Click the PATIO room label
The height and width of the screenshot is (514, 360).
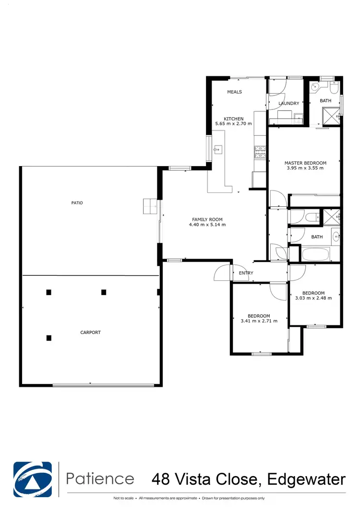(x=77, y=203)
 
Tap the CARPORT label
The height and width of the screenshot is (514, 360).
(x=90, y=332)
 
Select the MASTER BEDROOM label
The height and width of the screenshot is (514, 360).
(x=305, y=163)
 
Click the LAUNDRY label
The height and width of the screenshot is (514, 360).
(x=289, y=103)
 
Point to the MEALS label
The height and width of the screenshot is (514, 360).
(x=234, y=92)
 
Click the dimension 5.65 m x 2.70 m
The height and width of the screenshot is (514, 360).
(x=234, y=124)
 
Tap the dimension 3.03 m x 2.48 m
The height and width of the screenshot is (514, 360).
(x=313, y=298)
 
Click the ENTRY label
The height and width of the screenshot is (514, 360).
(x=246, y=273)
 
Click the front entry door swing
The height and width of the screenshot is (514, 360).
(x=223, y=273)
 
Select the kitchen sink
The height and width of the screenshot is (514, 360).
(x=218, y=149)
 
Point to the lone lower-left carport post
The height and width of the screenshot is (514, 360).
(x=48, y=338)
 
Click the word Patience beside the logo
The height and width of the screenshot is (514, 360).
(x=100, y=478)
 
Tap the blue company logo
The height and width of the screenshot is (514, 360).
(x=33, y=478)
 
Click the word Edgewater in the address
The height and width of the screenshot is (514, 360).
(x=306, y=479)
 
